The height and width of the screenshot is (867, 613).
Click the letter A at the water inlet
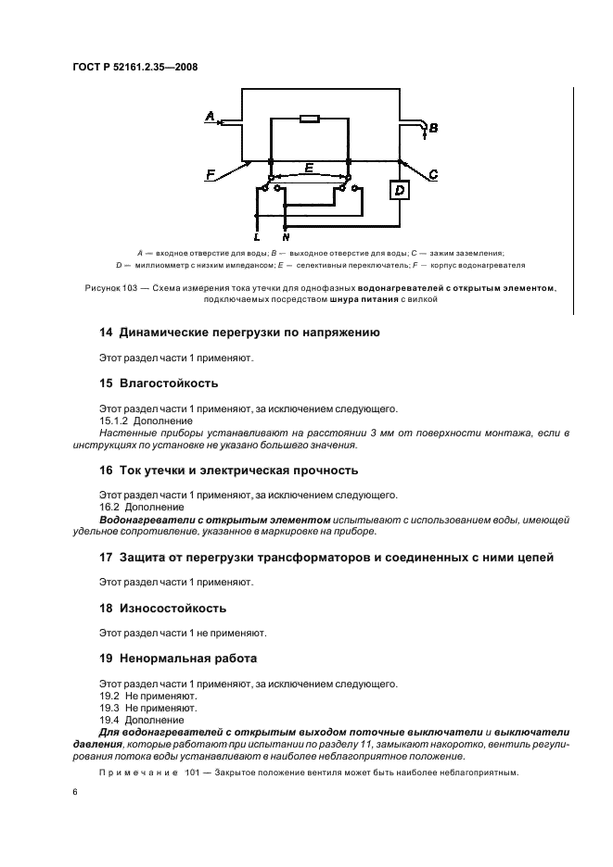pyautogui.click(x=209, y=116)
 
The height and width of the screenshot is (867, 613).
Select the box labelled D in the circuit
pyautogui.click(x=400, y=191)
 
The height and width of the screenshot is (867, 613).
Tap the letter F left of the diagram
pyautogui.click(x=211, y=174)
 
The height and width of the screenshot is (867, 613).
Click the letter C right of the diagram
pyautogui.click(x=433, y=174)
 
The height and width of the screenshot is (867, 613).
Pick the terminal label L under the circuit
pyautogui.click(x=256, y=237)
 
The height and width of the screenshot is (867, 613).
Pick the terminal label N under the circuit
pyautogui.click(x=285, y=237)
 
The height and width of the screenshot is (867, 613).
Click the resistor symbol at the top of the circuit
pyautogui.click(x=309, y=119)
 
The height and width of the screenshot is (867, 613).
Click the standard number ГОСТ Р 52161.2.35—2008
pyautogui.click(x=135, y=67)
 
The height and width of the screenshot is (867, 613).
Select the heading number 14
pyautogui.click(x=106, y=333)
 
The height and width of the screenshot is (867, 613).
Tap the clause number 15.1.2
pyautogui.click(x=115, y=421)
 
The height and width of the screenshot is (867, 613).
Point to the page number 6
pyautogui.click(x=76, y=793)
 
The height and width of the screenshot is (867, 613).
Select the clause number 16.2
pyautogui.click(x=109, y=507)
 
